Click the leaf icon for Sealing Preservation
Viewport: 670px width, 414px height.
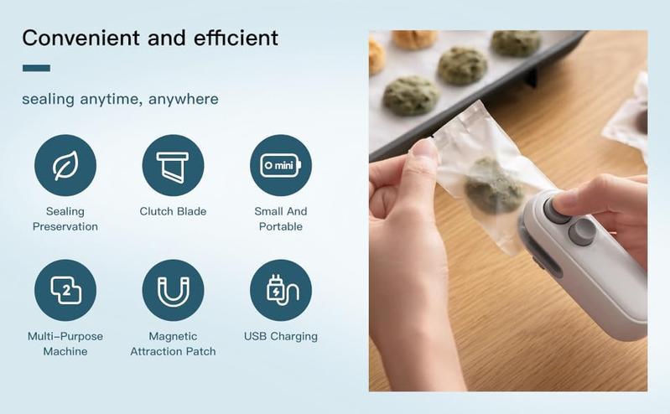[x=65, y=165]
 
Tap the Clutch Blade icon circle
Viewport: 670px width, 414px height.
[x=174, y=165]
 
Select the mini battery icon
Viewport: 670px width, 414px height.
[x=281, y=165]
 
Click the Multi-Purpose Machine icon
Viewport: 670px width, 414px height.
[x=65, y=290]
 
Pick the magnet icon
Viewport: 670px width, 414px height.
[x=174, y=290]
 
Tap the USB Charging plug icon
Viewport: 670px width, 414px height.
[x=281, y=290]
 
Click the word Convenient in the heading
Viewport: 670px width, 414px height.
[x=80, y=38]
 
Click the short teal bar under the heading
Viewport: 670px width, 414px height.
[x=36, y=68]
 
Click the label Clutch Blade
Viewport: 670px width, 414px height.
[x=173, y=211]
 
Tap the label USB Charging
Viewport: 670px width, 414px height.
[x=281, y=336]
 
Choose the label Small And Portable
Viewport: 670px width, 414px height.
[x=281, y=219]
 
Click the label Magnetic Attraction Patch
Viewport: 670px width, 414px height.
[x=173, y=344]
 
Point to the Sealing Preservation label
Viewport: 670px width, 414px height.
[x=65, y=219]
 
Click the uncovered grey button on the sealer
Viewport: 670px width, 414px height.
[x=581, y=232]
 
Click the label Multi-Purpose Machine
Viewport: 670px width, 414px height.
[x=65, y=344]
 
